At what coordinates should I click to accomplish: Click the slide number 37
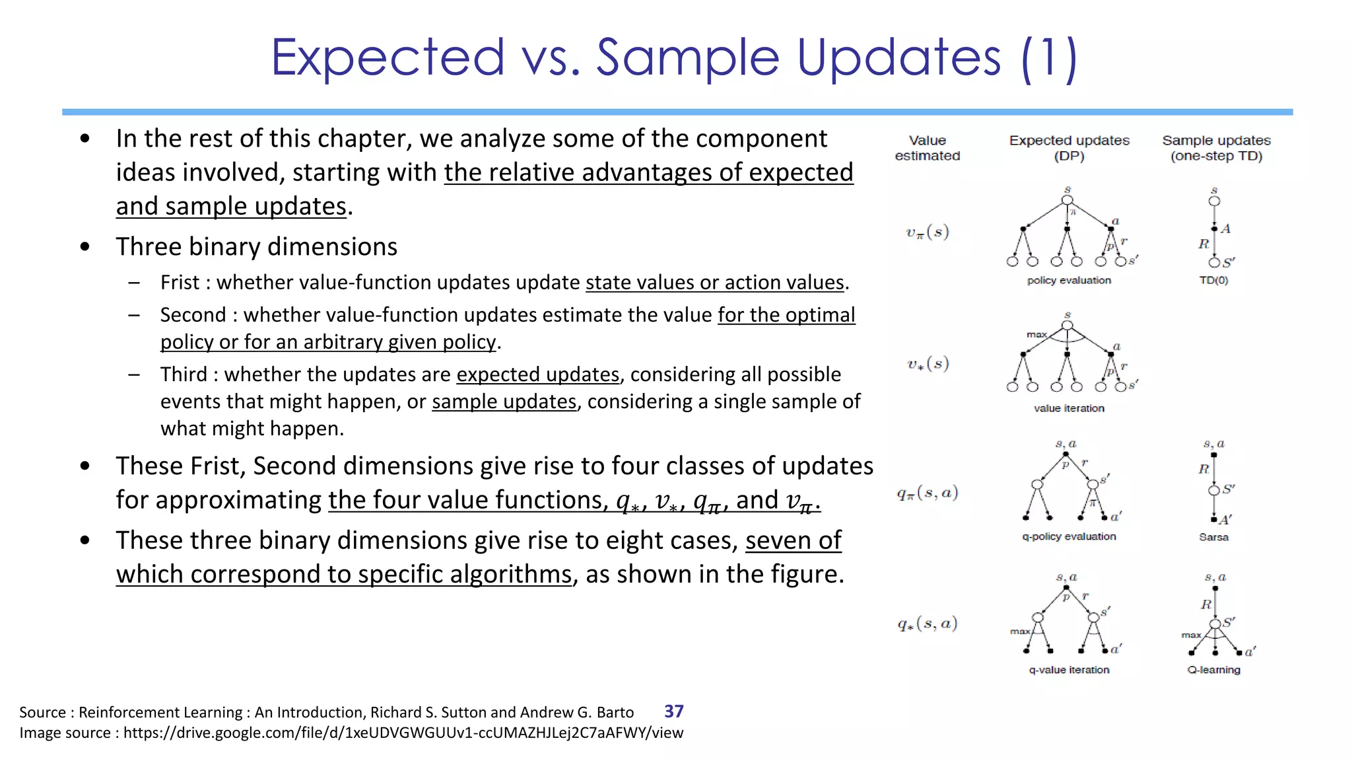673,711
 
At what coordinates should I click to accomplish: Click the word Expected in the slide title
388,57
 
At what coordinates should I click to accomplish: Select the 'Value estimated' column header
927,148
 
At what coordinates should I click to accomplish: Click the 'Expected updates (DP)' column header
1069,148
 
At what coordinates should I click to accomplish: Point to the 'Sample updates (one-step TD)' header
1216,148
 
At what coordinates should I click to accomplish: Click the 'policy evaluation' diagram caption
1069,280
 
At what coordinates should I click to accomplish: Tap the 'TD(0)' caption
1213,280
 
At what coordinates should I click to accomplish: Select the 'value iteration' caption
1069,408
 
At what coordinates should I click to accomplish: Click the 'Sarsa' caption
1213,537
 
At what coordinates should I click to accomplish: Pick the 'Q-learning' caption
1213,670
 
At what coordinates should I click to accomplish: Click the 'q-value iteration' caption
1069,670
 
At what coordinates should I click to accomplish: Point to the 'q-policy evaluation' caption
1069,536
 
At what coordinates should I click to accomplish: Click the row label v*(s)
927,363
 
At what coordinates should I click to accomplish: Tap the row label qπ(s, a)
927,493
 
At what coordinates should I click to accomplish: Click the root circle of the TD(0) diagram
1214,201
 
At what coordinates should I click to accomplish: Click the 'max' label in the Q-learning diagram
1191,635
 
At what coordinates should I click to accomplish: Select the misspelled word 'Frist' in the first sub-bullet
180,283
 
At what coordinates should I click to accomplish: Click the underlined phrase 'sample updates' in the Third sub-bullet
504,402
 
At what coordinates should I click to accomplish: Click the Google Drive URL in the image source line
403,733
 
